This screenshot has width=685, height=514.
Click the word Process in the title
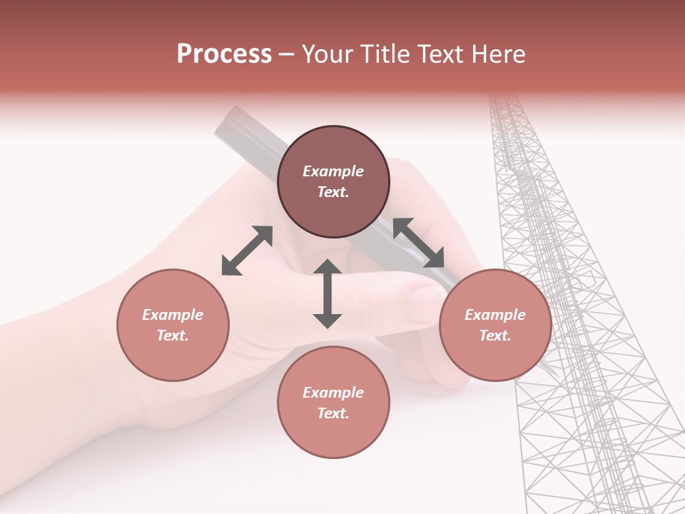tap(224, 54)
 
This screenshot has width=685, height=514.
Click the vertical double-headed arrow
tap(328, 293)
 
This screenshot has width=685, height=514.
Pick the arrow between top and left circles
tap(247, 251)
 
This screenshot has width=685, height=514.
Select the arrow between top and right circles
tap(419, 243)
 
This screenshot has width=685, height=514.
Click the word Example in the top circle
tap(333, 171)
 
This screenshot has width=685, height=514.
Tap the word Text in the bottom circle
tap(333, 413)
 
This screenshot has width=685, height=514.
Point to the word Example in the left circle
tap(173, 315)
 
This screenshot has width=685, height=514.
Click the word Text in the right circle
tap(495, 336)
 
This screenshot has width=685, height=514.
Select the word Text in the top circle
tap(333, 192)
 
